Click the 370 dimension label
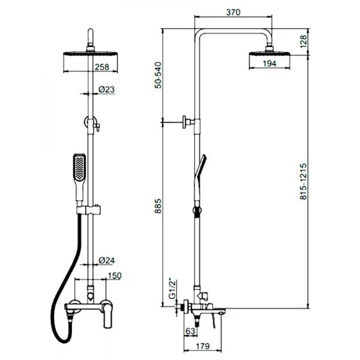pyautogui.click(x=233, y=12)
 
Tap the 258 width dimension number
pyautogui.click(x=102, y=67)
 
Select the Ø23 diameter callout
pyautogui.click(x=107, y=89)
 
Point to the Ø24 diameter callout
pyautogui.click(x=107, y=260)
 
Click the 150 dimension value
pyautogui.click(x=114, y=275)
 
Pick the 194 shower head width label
pyautogui.click(x=270, y=63)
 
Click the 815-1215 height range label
pyautogui.click(x=303, y=181)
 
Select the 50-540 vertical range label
pyautogui.click(x=158, y=75)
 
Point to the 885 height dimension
pyautogui.click(x=158, y=207)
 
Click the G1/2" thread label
pyautogui.click(x=173, y=289)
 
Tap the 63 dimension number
pyautogui.click(x=190, y=331)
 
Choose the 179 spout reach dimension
pyautogui.click(x=203, y=346)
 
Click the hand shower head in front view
pyautogui.click(x=79, y=167)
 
